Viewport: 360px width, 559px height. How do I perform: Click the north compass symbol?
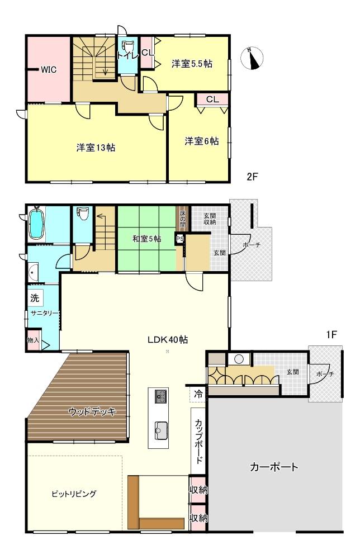252,58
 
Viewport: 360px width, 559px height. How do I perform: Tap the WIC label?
49,69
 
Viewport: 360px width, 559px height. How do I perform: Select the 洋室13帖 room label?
96,147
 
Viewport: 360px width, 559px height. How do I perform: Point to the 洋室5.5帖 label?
192,64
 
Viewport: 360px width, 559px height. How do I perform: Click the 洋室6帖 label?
201,141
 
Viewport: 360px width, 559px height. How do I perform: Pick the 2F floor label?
252,176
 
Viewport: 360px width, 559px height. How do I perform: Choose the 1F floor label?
331,334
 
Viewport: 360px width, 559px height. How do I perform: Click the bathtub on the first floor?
36,223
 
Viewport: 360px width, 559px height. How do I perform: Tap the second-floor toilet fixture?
127,49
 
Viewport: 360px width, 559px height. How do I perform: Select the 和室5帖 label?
146,239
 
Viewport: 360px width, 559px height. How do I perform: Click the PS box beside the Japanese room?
179,239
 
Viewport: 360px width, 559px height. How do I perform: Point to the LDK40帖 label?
168,339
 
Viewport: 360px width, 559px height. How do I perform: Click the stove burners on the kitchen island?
161,396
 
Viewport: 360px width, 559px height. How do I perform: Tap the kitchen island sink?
161,430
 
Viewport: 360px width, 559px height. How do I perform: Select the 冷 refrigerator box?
198,394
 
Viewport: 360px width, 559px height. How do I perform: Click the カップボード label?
198,440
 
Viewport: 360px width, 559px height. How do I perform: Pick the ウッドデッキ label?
92,412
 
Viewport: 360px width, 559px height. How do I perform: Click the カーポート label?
274,467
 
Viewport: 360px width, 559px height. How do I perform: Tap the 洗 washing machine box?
35,297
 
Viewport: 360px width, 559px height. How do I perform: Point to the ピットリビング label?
74,494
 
